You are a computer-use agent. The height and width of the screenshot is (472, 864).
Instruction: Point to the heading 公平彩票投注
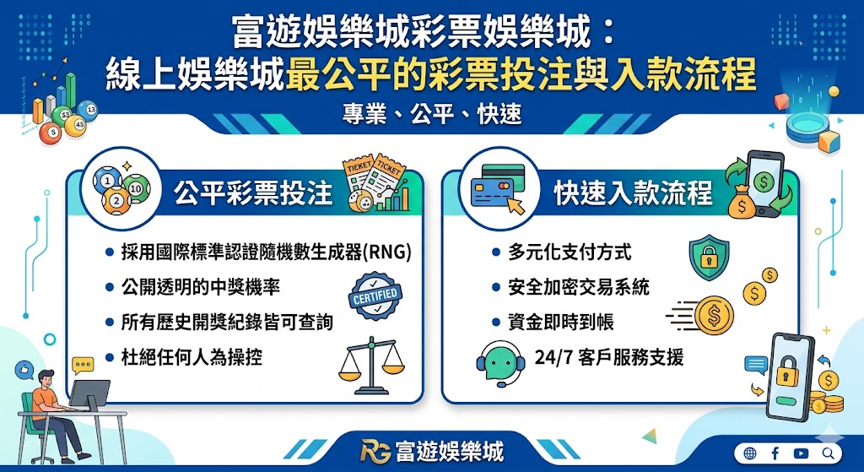[253, 193]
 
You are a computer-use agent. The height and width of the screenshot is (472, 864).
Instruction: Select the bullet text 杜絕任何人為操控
[192, 357]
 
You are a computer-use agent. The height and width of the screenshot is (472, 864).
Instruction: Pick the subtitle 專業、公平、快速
[431, 114]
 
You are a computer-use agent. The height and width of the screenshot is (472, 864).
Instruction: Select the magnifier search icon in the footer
[826, 453]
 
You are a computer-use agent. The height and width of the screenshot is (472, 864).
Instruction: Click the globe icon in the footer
[749, 453]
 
